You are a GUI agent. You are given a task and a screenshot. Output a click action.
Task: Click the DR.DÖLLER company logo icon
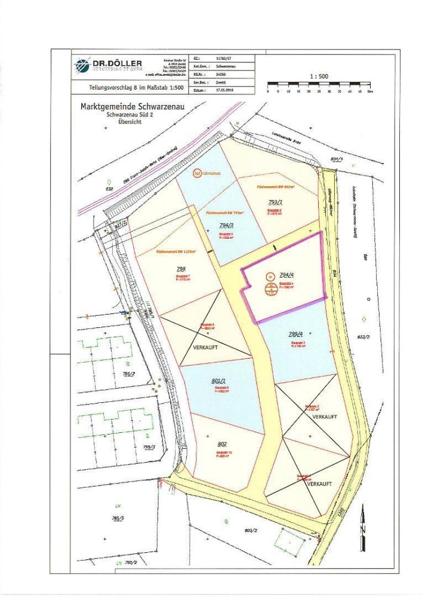tap(82, 64)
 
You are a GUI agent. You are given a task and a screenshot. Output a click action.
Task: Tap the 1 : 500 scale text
tap(320, 76)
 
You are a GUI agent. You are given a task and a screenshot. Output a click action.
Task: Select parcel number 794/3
tap(225, 225)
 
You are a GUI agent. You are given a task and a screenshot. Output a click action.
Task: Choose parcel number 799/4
tap(297, 334)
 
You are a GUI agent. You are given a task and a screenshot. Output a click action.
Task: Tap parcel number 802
tap(221, 444)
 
